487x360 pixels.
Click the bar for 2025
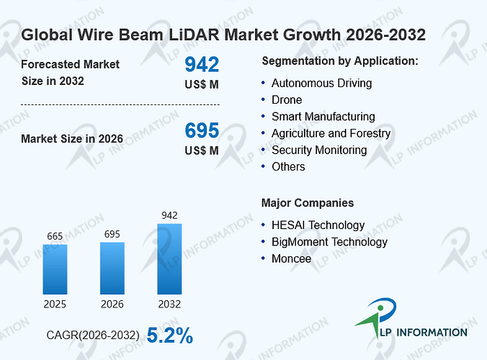pyautogui.click(x=55, y=269)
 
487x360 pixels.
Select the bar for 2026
pyautogui.click(x=112, y=269)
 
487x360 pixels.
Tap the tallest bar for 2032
pyautogui.click(x=169, y=258)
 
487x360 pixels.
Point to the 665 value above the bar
pyautogui.click(x=55, y=236)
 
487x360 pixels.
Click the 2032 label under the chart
pyautogui.click(x=169, y=304)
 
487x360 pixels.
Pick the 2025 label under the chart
pyautogui.click(x=55, y=304)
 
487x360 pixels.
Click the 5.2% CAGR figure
pyautogui.click(x=169, y=336)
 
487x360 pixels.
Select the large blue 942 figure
pyautogui.click(x=202, y=65)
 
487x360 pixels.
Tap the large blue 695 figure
pyautogui.click(x=202, y=130)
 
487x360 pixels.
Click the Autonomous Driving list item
pyautogui.click(x=322, y=84)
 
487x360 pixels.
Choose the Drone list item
pyautogui.click(x=287, y=100)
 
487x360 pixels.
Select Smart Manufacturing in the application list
pyautogui.click(x=323, y=117)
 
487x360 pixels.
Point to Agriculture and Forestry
pyautogui.click(x=331, y=133)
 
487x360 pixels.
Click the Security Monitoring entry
pyautogui.click(x=319, y=150)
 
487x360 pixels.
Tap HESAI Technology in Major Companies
pyautogui.click(x=318, y=225)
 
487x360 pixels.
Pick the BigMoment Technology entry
pyautogui.click(x=329, y=242)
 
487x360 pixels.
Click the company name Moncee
pyautogui.click(x=291, y=258)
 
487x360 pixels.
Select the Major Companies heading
pyautogui.click(x=308, y=203)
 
